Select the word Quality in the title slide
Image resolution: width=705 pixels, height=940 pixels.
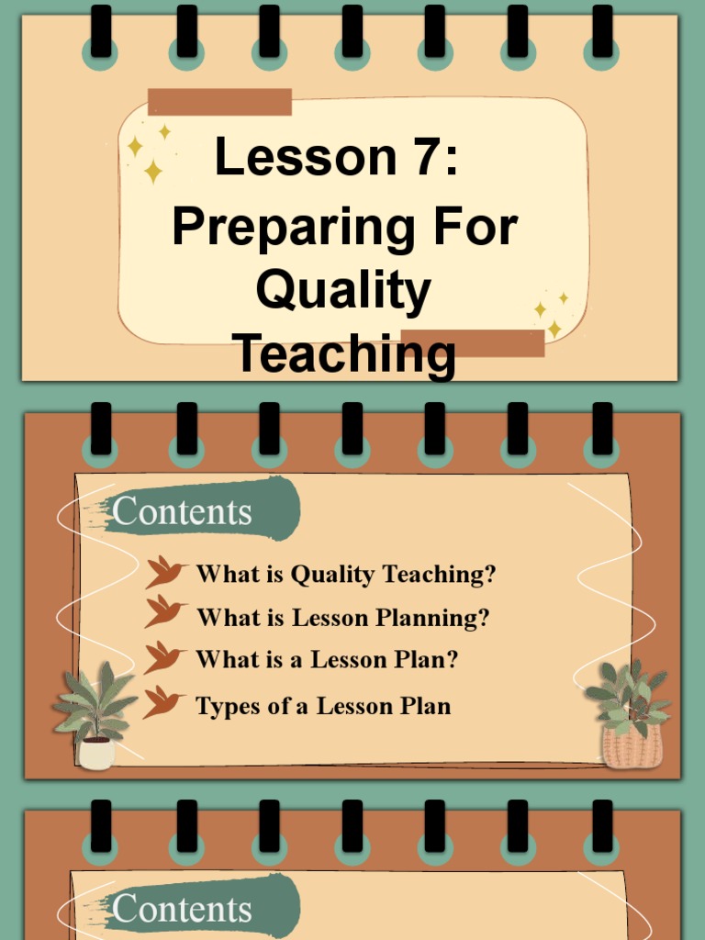click(342, 291)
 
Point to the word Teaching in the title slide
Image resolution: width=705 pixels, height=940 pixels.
click(343, 354)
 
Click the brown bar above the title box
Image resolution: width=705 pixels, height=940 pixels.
click(219, 102)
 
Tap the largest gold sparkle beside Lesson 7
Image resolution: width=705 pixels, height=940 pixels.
click(153, 171)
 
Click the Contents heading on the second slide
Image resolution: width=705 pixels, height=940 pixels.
click(182, 512)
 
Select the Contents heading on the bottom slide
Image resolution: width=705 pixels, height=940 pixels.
click(182, 909)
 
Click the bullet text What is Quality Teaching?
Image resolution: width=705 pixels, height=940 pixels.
click(345, 575)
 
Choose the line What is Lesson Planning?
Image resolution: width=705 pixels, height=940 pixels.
click(342, 618)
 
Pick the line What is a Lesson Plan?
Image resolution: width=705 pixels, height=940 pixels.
click(326, 659)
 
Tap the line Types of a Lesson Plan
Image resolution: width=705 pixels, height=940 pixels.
click(323, 706)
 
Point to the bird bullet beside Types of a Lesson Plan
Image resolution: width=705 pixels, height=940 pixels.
click(162, 702)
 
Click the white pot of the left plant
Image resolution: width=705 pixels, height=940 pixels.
click(96, 752)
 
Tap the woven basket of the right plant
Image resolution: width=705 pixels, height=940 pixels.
click(632, 746)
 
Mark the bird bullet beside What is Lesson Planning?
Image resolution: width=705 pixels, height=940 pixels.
click(164, 611)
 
